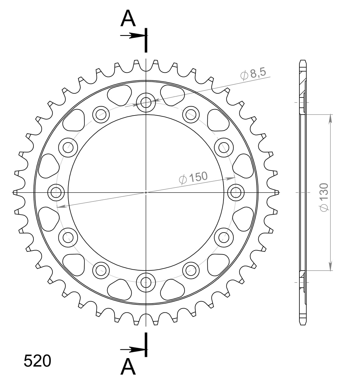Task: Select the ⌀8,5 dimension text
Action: click(x=253, y=73)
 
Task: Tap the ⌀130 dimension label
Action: click(x=323, y=197)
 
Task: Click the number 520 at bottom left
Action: click(x=37, y=361)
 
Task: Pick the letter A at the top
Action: click(x=128, y=19)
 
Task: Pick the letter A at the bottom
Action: click(x=128, y=367)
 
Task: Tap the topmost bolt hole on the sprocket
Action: click(x=146, y=102)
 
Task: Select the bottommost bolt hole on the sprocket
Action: click(x=146, y=282)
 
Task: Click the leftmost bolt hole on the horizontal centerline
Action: click(x=56, y=192)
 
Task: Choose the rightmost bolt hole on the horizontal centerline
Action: click(x=236, y=192)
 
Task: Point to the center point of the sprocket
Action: click(x=146, y=192)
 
